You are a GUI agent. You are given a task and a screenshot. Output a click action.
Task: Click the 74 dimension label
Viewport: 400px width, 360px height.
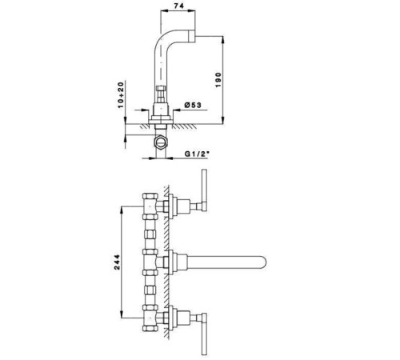coord(178,6)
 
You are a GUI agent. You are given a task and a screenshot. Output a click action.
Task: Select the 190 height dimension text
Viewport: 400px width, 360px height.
coord(218,80)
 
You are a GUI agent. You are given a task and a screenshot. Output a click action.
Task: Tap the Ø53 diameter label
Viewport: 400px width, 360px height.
coord(193,105)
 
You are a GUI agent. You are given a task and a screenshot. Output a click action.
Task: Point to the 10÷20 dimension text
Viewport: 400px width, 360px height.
coord(121,95)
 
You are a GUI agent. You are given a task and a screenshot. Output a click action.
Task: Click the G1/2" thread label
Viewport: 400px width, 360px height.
coord(196,154)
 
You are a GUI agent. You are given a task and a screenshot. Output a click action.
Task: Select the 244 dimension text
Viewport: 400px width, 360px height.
coord(117,262)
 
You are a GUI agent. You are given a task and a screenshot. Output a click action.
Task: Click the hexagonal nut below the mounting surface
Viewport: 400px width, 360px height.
coord(161,142)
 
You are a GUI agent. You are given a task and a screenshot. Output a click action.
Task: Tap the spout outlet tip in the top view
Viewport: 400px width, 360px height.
coord(192,36)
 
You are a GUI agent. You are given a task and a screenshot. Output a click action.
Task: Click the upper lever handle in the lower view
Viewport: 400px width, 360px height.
coord(204,190)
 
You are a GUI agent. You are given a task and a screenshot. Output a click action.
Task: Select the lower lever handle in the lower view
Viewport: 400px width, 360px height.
coord(204,334)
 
